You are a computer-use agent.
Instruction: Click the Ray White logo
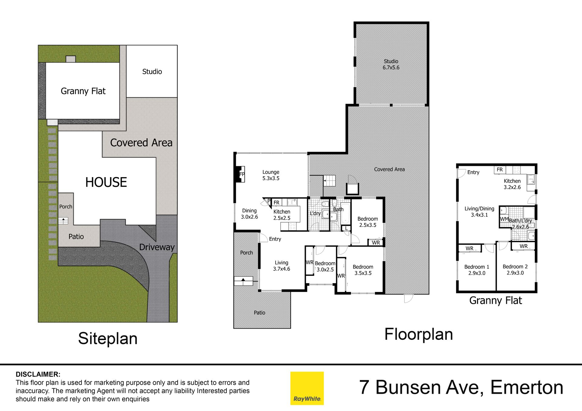click(x=307, y=388)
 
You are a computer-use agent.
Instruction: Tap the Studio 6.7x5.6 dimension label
click(x=391, y=65)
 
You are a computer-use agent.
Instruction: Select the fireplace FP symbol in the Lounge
click(x=242, y=174)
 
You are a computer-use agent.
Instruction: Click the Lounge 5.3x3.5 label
click(x=271, y=175)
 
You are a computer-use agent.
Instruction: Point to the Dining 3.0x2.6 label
click(x=249, y=214)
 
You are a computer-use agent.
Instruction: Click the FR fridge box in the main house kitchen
click(x=277, y=202)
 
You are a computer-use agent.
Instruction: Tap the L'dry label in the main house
click(x=315, y=213)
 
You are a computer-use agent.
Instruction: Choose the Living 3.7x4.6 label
click(x=282, y=266)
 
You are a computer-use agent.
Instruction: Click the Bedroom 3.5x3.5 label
click(x=363, y=270)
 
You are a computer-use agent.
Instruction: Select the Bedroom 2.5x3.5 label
click(x=368, y=222)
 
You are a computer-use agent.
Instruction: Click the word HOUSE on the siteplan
click(x=106, y=182)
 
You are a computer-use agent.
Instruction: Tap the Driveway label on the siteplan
click(x=157, y=247)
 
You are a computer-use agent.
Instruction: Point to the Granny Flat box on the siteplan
click(x=83, y=91)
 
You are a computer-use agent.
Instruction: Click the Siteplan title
click(x=108, y=339)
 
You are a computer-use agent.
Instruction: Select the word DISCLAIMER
click(x=38, y=374)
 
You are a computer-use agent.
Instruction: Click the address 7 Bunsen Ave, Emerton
click(x=461, y=387)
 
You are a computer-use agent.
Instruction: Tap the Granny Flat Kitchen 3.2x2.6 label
click(x=512, y=184)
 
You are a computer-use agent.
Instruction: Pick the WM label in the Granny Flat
click(x=504, y=219)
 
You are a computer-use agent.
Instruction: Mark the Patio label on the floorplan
click(x=259, y=313)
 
